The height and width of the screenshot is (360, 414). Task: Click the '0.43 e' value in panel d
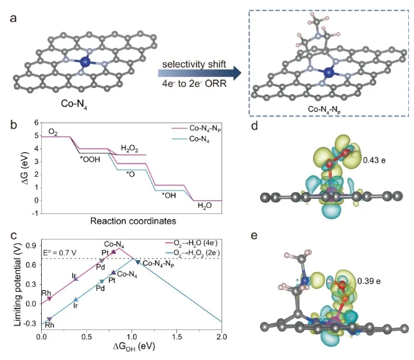(x=372, y=160)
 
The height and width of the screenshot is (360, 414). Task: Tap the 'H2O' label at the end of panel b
(x=205, y=205)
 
